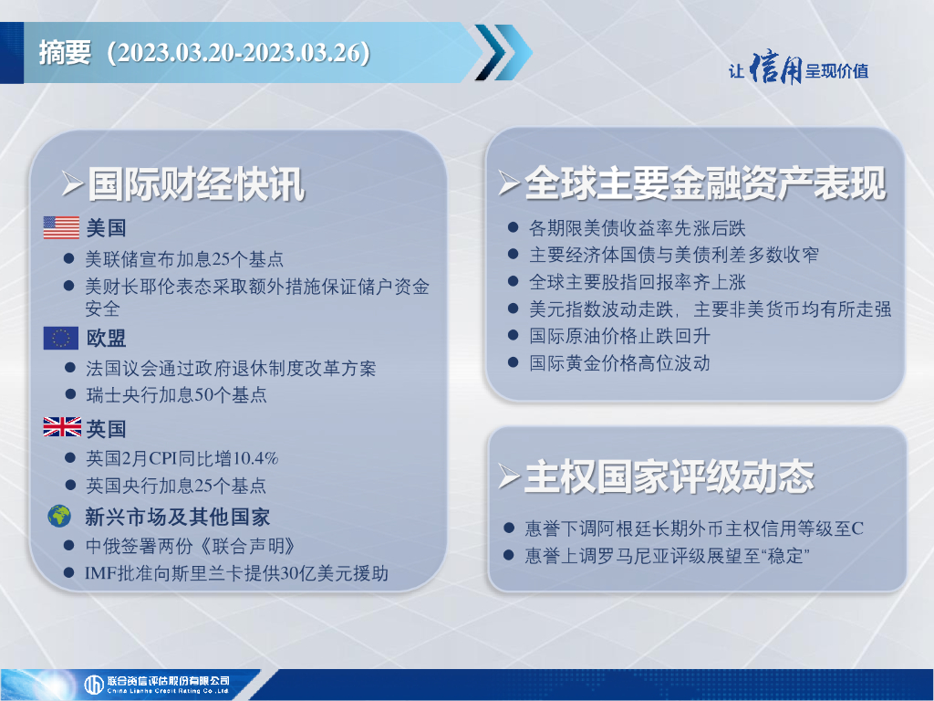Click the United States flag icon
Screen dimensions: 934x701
[x=61, y=227]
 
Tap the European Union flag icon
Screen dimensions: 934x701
[x=61, y=338]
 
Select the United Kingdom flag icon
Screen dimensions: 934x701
[x=62, y=427]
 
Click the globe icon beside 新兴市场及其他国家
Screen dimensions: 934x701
[x=59, y=517]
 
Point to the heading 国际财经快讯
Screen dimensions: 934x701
[x=197, y=184]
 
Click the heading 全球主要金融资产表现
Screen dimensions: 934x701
[x=705, y=183]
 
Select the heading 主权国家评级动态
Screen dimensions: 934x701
[x=669, y=476]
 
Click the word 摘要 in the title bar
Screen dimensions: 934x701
[x=65, y=52]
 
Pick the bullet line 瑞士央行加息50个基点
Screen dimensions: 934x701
[x=176, y=394]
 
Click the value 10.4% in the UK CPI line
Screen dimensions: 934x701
[x=255, y=458]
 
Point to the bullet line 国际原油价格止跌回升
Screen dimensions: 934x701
[x=619, y=336]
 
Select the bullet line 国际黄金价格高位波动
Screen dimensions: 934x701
[x=619, y=363]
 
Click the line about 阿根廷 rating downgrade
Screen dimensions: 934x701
[x=694, y=528]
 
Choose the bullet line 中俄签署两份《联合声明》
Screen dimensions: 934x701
[x=190, y=546]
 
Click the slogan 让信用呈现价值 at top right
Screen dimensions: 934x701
[x=798, y=69]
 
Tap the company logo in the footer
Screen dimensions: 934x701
[x=157, y=685]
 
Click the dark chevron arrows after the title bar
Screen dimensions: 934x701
[x=503, y=52]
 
